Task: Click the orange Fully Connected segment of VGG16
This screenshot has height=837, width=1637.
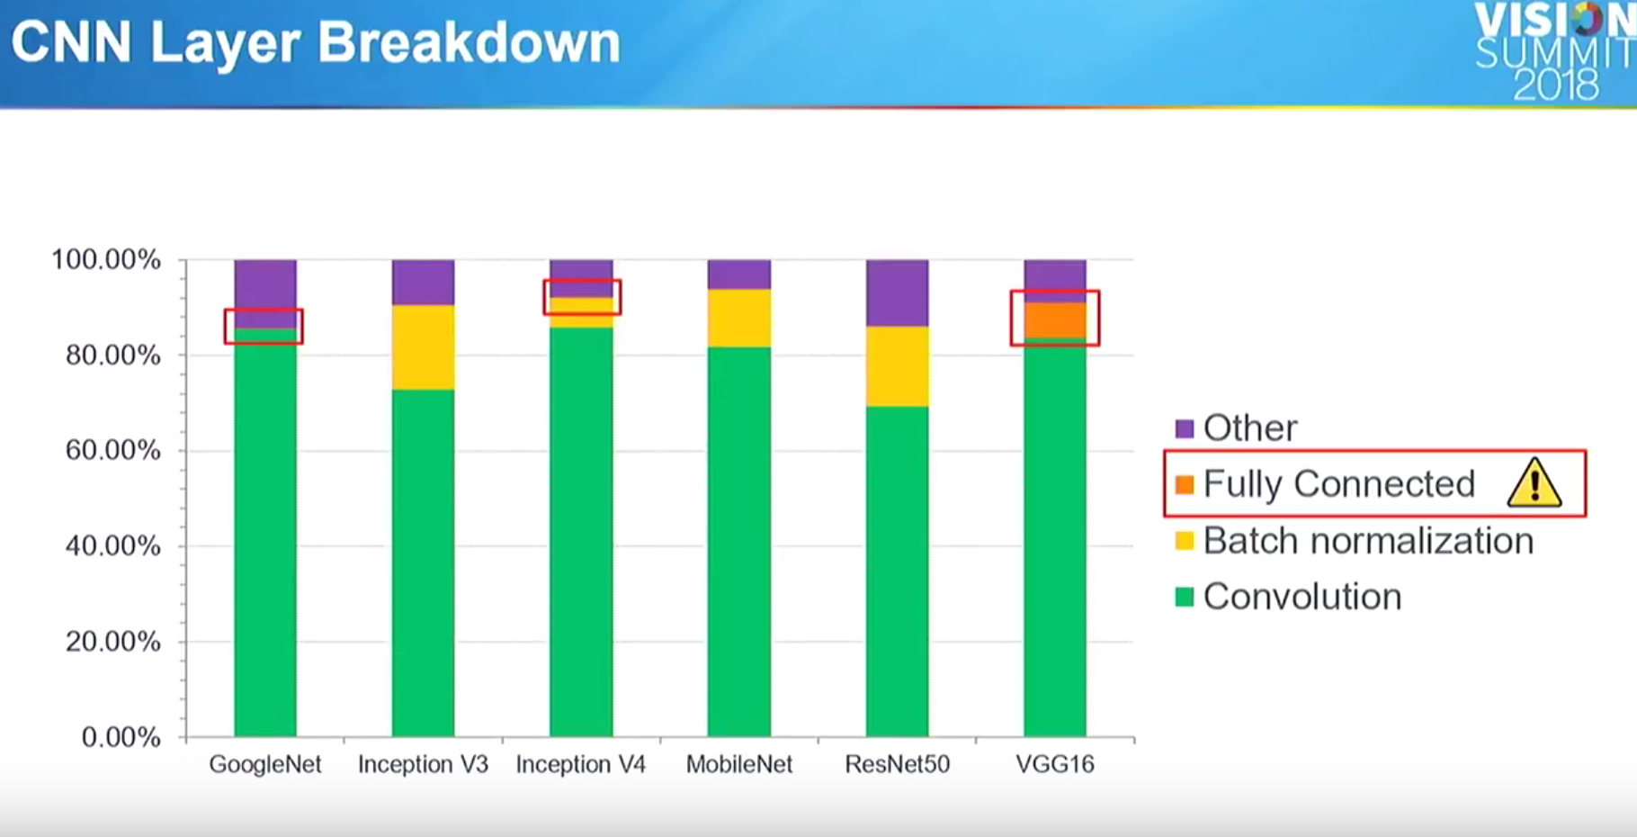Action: coord(1055,319)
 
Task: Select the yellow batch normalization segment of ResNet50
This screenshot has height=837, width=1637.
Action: coord(898,365)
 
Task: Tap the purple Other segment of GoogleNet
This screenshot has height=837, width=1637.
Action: coord(265,292)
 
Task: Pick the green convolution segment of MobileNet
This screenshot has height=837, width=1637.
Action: coord(739,540)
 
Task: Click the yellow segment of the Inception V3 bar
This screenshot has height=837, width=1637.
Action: coord(423,346)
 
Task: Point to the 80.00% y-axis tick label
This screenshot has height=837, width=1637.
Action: coord(113,355)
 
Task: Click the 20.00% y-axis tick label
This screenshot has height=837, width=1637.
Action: coord(113,642)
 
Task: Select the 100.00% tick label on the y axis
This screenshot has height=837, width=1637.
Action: coord(106,259)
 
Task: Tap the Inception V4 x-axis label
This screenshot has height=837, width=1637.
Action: coord(581,764)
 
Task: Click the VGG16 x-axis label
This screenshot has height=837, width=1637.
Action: coord(1055,764)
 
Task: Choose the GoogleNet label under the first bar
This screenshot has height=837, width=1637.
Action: coord(265,764)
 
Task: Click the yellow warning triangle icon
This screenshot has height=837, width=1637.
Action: coord(1534,483)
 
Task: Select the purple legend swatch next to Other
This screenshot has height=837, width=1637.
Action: coord(1185,428)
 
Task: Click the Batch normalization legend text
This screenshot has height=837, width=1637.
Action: coord(1368,541)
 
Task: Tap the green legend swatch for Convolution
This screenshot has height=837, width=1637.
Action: coord(1185,597)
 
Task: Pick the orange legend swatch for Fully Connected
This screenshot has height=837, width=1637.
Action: coord(1185,484)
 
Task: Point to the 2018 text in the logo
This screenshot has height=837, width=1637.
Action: coord(1556,85)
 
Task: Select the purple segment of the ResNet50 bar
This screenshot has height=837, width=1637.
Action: coord(898,292)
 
